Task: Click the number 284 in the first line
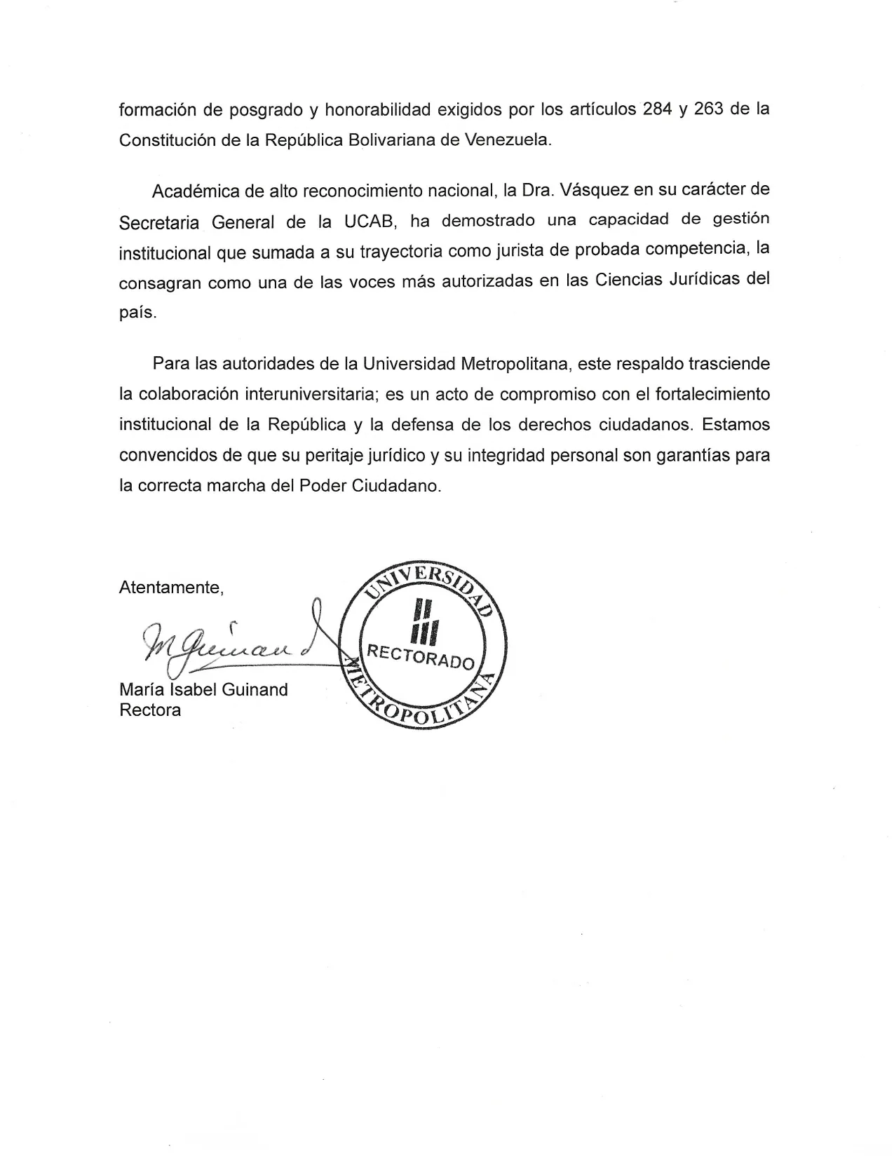point(658,109)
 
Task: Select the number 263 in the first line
point(709,109)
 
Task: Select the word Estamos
point(736,424)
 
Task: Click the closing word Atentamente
point(171,588)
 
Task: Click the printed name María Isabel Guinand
point(203,689)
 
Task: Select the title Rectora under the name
point(150,710)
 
